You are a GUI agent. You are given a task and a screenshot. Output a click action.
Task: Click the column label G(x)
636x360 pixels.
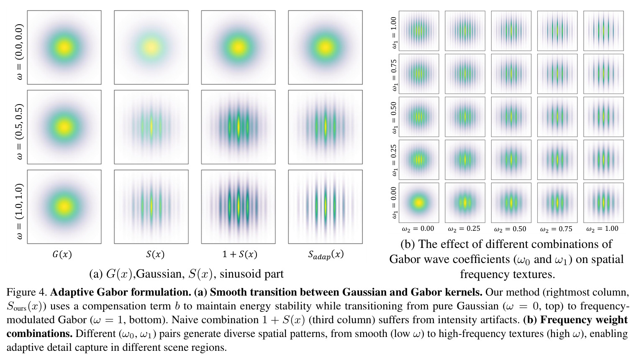62,254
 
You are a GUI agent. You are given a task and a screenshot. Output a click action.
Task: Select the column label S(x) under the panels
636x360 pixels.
155,254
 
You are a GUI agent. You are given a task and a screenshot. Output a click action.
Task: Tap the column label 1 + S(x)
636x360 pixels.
239,254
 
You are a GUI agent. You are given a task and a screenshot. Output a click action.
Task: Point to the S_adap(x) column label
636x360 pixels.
326,255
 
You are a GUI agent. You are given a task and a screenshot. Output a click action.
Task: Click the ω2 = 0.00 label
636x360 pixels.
418,229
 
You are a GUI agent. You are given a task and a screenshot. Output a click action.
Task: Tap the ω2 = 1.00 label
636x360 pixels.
602,229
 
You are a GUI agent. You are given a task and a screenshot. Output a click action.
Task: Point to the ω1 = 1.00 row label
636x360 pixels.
393,32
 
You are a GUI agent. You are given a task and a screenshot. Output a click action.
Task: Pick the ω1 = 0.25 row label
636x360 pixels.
393,160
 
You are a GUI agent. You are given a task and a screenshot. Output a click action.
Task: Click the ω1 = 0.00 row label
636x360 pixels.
393,202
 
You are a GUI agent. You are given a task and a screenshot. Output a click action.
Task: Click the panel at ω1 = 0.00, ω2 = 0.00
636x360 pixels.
419,202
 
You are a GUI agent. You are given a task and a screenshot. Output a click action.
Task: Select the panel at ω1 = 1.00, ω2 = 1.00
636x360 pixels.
603,31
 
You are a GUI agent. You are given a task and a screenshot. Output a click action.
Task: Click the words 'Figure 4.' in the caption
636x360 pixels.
27,292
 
